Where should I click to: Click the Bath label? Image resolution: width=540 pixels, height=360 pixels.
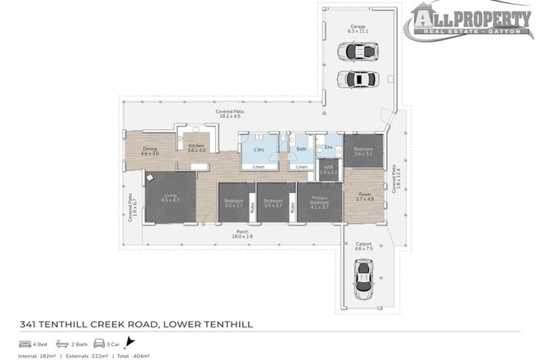pyautogui.click(x=301, y=149)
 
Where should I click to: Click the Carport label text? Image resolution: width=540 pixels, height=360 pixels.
pyautogui.click(x=363, y=244)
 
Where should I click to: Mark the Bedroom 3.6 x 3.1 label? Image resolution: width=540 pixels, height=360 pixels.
pyautogui.click(x=362, y=151)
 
